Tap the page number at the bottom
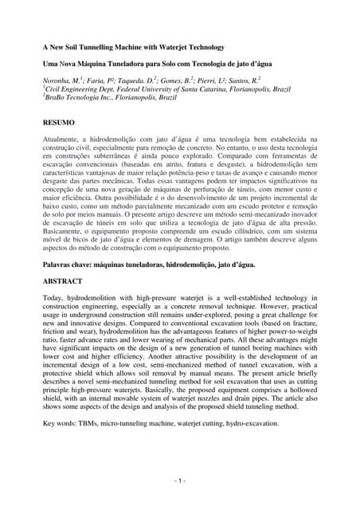(179, 481)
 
